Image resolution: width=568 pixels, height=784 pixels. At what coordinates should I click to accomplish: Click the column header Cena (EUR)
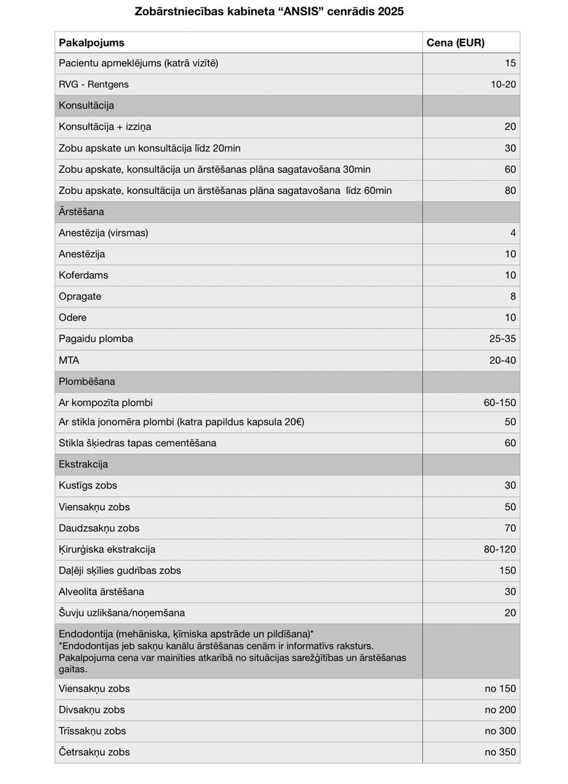coord(455,42)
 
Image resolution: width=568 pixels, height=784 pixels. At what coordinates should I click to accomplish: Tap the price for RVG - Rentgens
coord(503,85)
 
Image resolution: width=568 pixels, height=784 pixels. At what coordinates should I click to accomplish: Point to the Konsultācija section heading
coord(86,106)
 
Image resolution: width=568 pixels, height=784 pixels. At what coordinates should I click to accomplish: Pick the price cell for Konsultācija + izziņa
coord(510,127)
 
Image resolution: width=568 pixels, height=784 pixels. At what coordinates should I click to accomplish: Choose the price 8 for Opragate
coord(513,297)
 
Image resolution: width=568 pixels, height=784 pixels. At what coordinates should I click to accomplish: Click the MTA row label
coord(69,360)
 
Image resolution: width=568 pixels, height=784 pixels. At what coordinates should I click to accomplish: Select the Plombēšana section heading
coord(87,381)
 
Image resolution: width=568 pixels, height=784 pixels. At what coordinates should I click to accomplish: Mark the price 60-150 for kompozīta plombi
coord(500,403)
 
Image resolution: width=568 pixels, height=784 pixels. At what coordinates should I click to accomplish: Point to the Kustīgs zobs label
coord(87,485)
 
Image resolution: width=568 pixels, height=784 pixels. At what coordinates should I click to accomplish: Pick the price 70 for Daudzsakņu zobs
coord(510,528)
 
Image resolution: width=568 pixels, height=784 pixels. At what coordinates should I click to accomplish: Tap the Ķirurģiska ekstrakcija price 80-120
coord(500,549)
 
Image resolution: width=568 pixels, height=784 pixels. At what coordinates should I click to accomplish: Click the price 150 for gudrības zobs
coord(507,571)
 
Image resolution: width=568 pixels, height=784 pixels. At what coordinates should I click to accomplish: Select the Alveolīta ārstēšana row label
coord(101,592)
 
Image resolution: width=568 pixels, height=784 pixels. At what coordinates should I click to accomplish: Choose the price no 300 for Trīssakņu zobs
coord(500,731)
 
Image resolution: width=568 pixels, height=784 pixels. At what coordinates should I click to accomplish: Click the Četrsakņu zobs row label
coord(95,752)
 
